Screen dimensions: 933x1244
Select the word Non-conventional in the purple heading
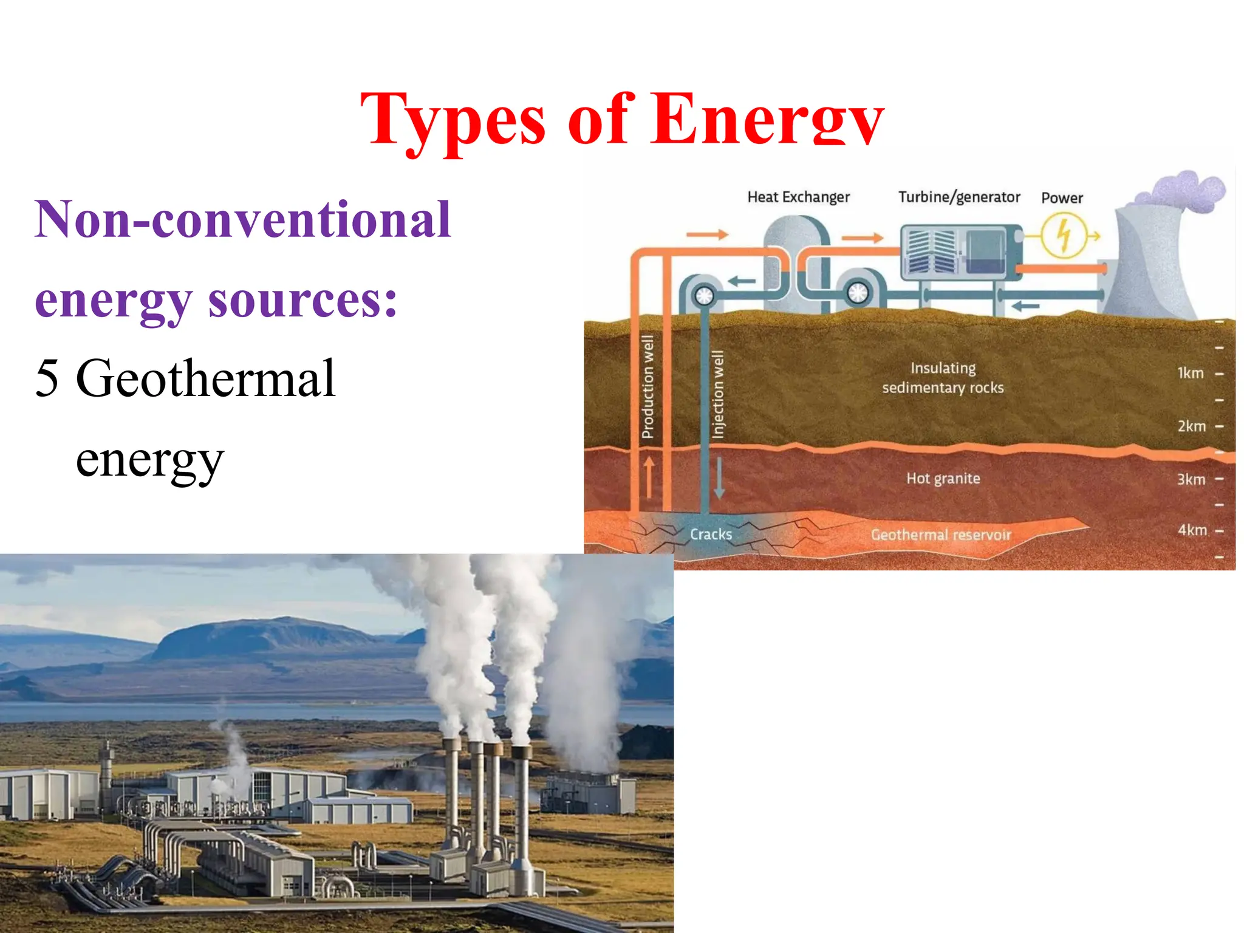click(243, 220)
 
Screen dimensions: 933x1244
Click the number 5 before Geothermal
click(47, 378)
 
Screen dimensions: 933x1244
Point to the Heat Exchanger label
click(798, 197)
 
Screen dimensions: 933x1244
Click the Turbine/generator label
click(959, 197)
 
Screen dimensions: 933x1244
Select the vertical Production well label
click(648, 387)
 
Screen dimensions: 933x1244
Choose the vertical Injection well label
click(718, 394)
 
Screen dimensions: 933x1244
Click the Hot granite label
click(943, 479)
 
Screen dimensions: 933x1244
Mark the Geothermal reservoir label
click(941, 535)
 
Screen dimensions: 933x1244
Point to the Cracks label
click(711, 535)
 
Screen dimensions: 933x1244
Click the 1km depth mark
click(1191, 373)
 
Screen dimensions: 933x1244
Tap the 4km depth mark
click(1192, 530)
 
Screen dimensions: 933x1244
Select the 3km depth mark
click(1191, 479)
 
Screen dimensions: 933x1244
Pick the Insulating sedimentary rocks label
click(943, 378)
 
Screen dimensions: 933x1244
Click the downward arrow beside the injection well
click(719, 477)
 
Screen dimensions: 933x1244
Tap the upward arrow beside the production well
click(649, 477)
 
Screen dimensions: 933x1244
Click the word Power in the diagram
click(1062, 198)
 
